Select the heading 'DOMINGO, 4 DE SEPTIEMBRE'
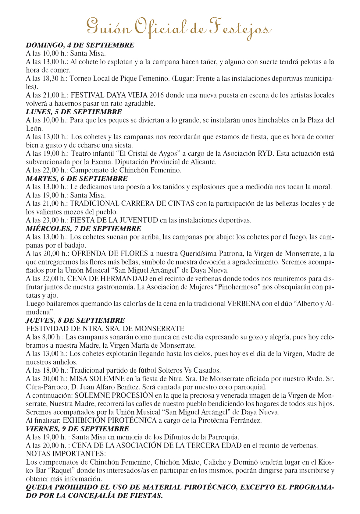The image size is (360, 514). point(80,45)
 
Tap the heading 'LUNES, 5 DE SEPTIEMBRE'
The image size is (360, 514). point(74,112)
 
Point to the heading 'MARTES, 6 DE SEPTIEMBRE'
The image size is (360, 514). point(77,179)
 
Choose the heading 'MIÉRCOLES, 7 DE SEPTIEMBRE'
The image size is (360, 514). point(84,229)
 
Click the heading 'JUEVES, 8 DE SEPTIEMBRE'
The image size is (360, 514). point(75,320)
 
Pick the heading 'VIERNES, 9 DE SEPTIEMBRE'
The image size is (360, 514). point(77,429)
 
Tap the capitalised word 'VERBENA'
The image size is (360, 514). point(244,304)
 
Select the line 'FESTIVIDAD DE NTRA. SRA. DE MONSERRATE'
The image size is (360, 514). point(105,329)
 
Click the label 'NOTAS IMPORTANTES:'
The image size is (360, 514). point(66,454)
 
